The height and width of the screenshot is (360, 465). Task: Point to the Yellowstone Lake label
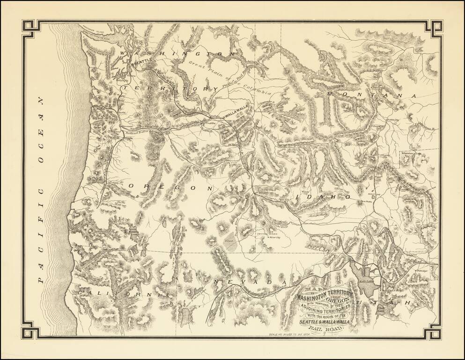tap(411, 153)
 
